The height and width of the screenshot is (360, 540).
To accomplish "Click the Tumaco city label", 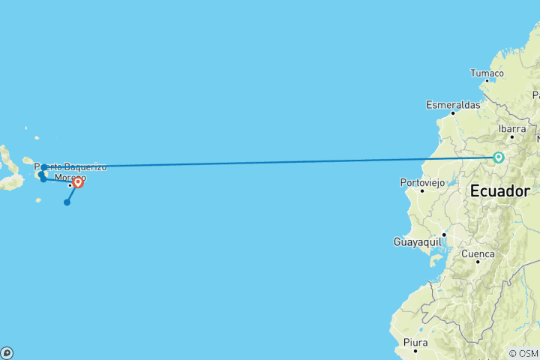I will tap(487, 73).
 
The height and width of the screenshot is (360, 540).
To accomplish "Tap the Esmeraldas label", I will tap(453, 105).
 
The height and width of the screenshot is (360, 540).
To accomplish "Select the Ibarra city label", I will tap(512, 128).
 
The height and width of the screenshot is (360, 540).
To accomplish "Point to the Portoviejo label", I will tap(422, 182).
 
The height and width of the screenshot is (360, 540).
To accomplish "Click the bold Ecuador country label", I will tap(499, 190).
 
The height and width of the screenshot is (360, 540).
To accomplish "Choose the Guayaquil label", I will tap(417, 241).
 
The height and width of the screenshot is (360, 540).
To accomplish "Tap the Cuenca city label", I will tap(478, 254).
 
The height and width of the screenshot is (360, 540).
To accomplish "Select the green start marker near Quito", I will tap(498, 157).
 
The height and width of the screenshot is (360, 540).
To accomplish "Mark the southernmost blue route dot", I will tap(67, 202).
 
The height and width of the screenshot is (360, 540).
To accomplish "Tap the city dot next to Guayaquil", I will tap(444, 235).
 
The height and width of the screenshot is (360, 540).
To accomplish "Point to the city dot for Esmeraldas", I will tap(453, 113).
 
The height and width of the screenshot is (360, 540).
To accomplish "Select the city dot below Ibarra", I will tap(512, 136).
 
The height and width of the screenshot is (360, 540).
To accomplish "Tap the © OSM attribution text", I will tap(523, 353).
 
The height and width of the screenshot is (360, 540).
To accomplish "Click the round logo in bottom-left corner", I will tap(7, 352).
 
